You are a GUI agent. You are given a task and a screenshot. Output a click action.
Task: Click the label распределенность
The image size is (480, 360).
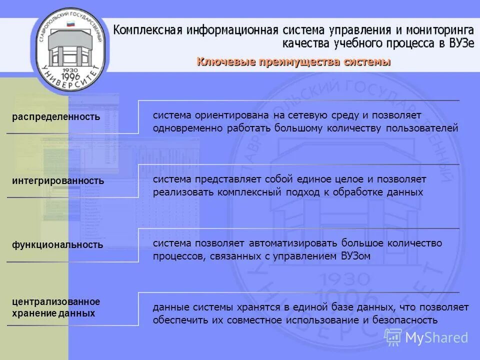click(x=56, y=117)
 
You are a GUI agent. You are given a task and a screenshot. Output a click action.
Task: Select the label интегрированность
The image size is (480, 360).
click(x=58, y=181)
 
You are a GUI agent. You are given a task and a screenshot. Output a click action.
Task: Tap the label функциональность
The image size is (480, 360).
click(x=57, y=245)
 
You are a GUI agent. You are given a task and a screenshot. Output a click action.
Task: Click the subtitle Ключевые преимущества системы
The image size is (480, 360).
click(x=293, y=62)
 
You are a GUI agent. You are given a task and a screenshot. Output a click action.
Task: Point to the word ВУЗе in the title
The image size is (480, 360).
click(x=459, y=43)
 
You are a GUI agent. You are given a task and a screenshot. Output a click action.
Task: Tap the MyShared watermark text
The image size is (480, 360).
click(x=436, y=337)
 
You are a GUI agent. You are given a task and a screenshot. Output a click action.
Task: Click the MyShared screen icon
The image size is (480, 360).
click(x=393, y=337)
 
